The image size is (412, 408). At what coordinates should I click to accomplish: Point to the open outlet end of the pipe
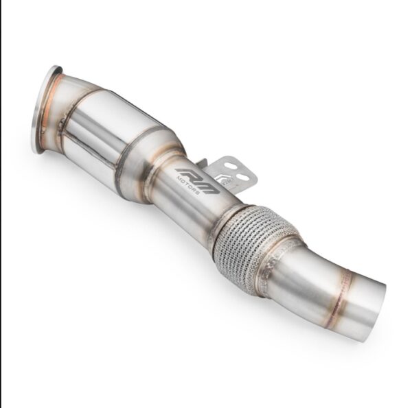tap(371, 302)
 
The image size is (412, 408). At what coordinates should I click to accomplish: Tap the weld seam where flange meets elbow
tap(60, 103)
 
